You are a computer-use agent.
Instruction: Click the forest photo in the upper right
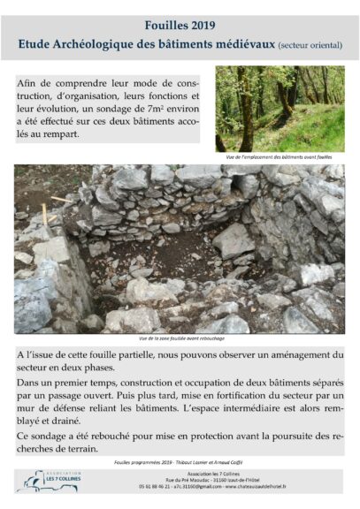point(280,109)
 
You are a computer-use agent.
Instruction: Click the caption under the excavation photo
point(180,338)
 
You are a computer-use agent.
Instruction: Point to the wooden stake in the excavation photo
point(43,215)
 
